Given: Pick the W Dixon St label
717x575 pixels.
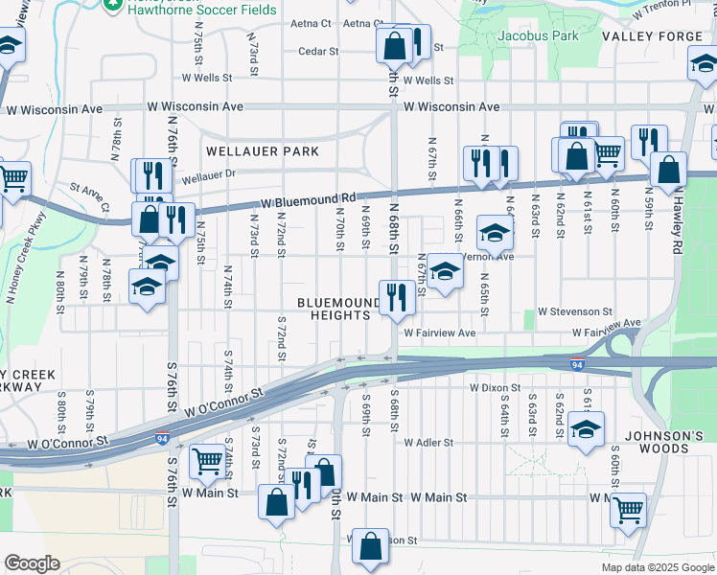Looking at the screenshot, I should tap(495, 389).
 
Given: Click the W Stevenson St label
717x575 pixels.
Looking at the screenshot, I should tap(574, 312).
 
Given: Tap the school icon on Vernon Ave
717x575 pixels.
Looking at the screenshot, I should tap(443, 270).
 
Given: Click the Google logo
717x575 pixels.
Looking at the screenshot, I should tap(32, 563).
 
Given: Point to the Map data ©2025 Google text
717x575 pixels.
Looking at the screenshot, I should tap(656, 567).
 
